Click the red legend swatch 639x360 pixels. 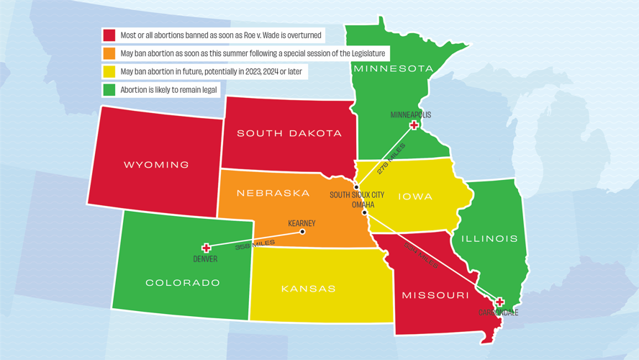point(109,35)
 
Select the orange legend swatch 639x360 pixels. point(109,53)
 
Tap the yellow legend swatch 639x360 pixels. point(109,72)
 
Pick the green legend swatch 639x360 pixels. point(109,90)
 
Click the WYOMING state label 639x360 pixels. point(156,165)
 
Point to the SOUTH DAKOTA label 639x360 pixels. point(289,133)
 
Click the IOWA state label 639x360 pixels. point(415,197)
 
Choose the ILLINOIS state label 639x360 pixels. point(489,238)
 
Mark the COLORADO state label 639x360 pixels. point(183,283)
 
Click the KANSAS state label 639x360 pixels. point(308,289)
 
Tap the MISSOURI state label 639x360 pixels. point(435,295)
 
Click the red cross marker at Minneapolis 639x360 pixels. point(414,125)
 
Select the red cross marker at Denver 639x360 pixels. point(206,248)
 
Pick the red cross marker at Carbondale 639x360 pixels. point(499,302)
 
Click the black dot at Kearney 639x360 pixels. point(302,232)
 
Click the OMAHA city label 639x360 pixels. point(363,204)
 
